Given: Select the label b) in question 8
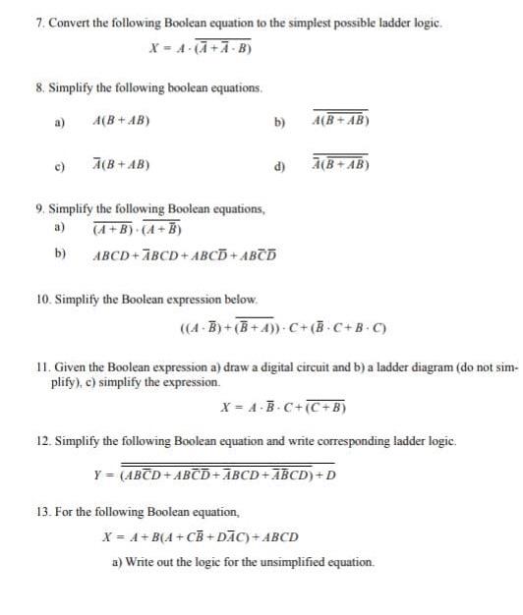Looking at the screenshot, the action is pos(280,123).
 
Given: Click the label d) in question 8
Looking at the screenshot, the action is pos(280,164).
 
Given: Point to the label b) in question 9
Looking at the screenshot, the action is pos(60,252).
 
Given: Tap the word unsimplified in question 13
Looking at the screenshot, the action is pos(279,562).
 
